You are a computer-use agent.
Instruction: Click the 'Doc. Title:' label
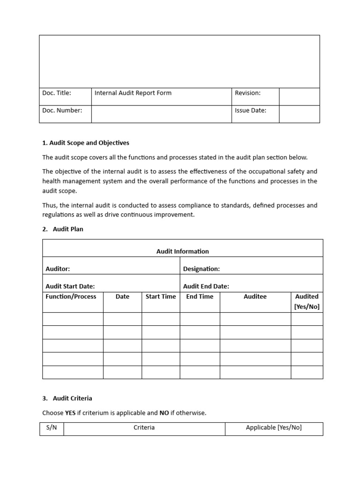(x=57, y=93)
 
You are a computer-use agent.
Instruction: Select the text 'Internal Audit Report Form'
(x=133, y=93)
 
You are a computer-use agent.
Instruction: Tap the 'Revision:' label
(x=247, y=93)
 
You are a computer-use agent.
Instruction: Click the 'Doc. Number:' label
(x=62, y=111)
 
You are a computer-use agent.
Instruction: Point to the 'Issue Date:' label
(x=250, y=111)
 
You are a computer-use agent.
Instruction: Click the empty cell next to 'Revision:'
(x=299, y=97)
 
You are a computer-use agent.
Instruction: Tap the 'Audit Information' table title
(x=182, y=251)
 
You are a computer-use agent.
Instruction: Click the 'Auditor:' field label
(x=58, y=269)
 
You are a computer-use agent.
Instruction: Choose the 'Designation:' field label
(x=201, y=269)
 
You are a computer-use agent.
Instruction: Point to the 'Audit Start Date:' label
(x=70, y=286)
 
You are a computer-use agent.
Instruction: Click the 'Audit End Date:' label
(x=206, y=286)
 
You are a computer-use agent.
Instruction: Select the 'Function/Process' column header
(x=71, y=297)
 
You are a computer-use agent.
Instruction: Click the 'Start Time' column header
(x=161, y=297)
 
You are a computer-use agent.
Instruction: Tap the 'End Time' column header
(x=200, y=297)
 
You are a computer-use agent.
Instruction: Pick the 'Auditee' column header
(x=255, y=297)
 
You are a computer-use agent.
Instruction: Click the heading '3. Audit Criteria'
(x=67, y=398)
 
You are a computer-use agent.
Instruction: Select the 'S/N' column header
(x=52, y=428)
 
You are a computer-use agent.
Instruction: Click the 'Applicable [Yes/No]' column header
(x=274, y=428)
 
